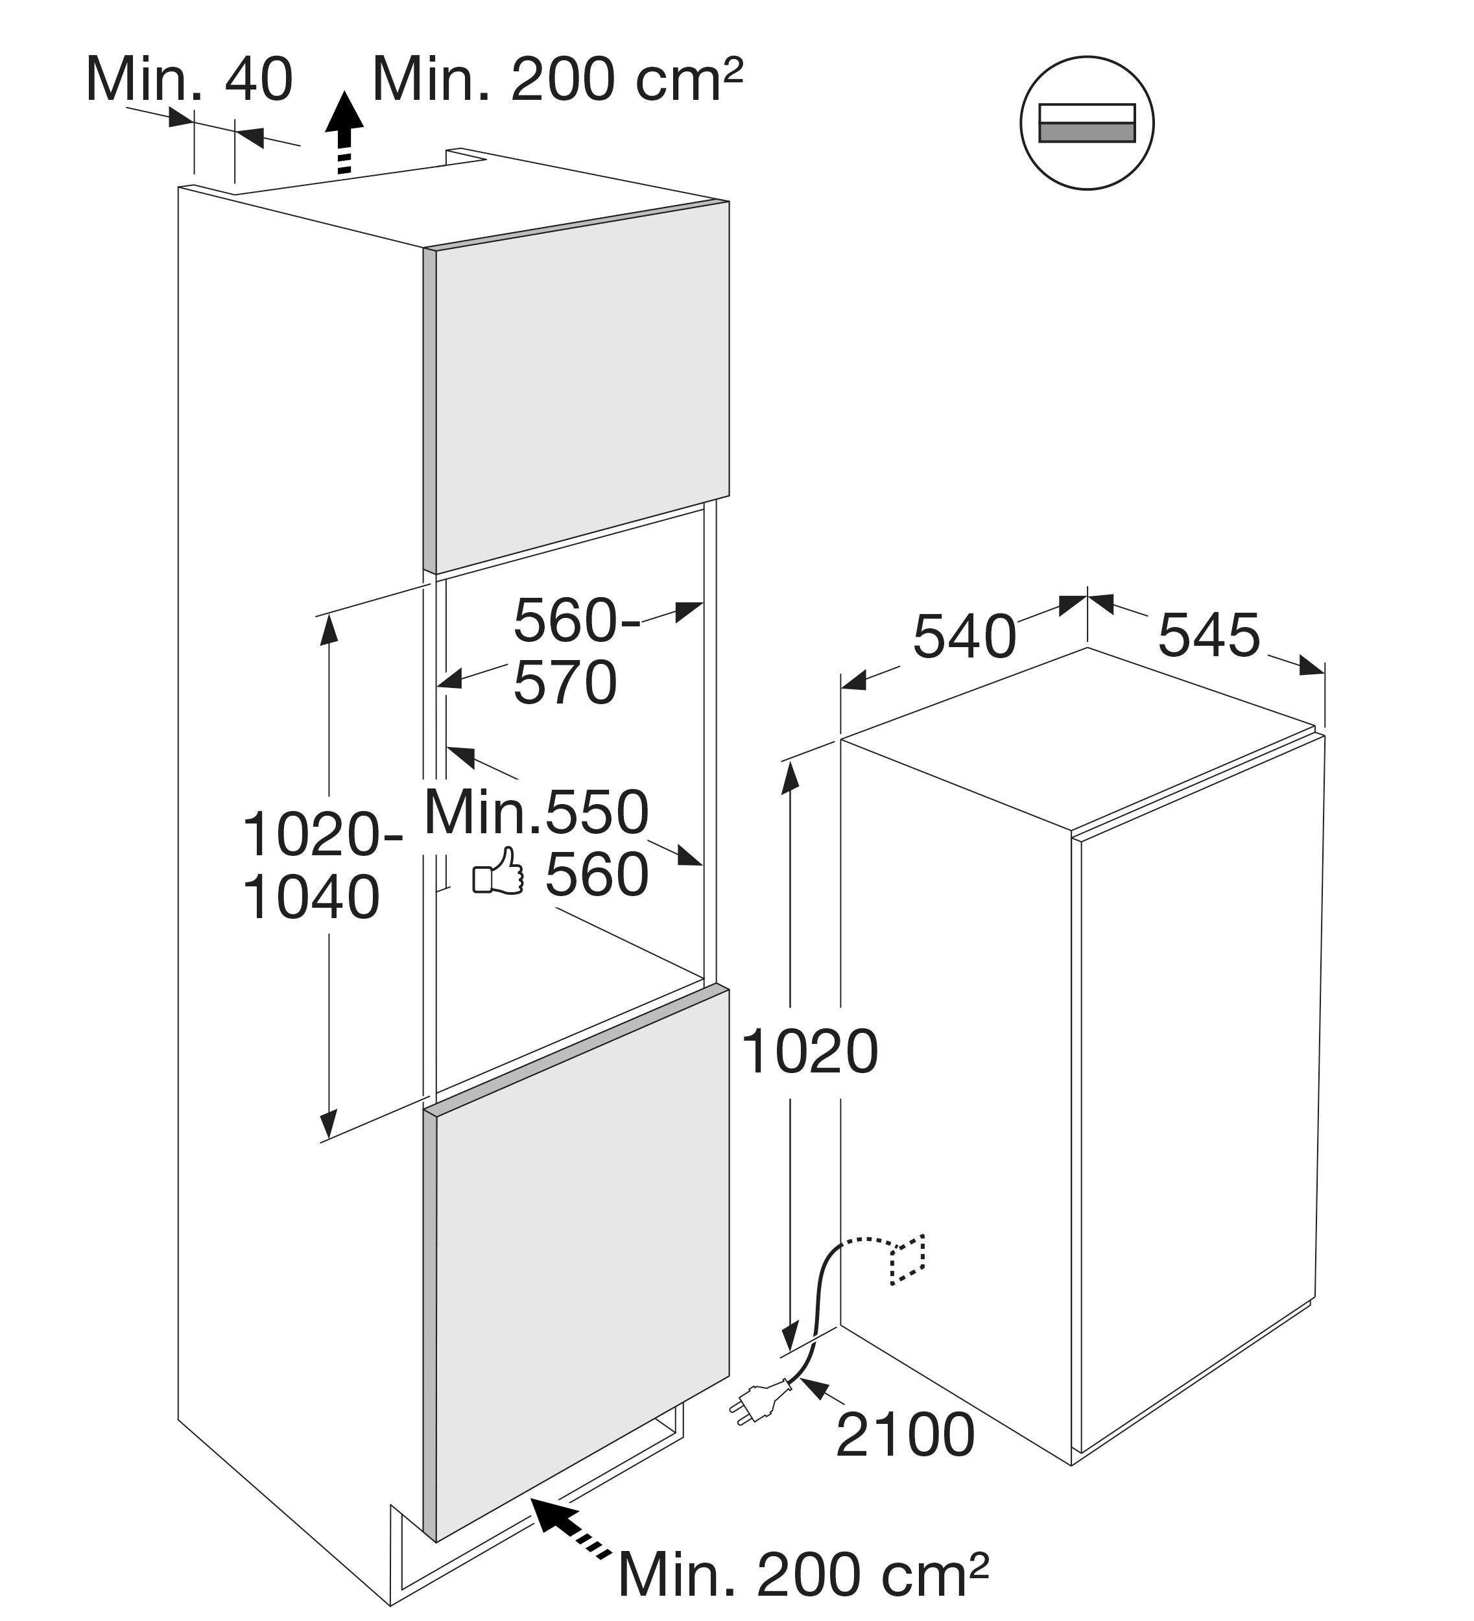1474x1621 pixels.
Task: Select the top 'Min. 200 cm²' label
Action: (x=557, y=80)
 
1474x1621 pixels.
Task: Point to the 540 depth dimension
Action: (x=964, y=637)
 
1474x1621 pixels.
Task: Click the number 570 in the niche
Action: (x=565, y=683)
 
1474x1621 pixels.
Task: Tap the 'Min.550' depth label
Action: (x=536, y=812)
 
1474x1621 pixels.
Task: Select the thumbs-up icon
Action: (x=498, y=871)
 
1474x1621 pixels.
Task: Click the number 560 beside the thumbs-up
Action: (x=597, y=874)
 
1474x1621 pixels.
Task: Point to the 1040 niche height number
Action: (x=311, y=897)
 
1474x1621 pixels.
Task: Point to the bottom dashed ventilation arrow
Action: (x=569, y=1530)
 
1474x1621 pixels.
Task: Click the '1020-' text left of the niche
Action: (x=322, y=834)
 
